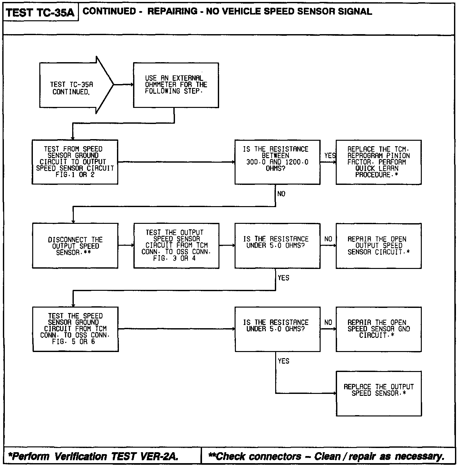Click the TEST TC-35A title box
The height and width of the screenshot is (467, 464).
[40, 12]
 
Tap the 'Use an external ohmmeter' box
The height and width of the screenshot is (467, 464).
[176, 85]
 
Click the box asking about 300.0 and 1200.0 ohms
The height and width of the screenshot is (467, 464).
[277, 162]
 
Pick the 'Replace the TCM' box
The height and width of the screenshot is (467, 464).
[378, 162]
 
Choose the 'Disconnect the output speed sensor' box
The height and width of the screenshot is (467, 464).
[75, 246]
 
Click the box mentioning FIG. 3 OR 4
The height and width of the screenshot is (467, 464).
[176, 246]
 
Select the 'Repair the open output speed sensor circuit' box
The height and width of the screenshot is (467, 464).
[378, 246]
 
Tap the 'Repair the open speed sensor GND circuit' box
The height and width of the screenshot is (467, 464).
[378, 329]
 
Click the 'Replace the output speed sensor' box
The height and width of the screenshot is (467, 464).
[378, 393]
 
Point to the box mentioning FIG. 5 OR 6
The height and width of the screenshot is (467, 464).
[75, 329]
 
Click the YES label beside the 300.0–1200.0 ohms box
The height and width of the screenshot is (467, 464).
[330, 156]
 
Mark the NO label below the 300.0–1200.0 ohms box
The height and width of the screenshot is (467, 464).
[281, 194]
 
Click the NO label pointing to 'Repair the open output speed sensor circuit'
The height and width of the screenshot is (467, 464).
[328, 239]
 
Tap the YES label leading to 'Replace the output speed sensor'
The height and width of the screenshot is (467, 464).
[284, 361]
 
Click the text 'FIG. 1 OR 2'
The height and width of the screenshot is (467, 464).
[74, 175]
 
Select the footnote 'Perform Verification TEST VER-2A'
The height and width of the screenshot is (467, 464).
[93, 456]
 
